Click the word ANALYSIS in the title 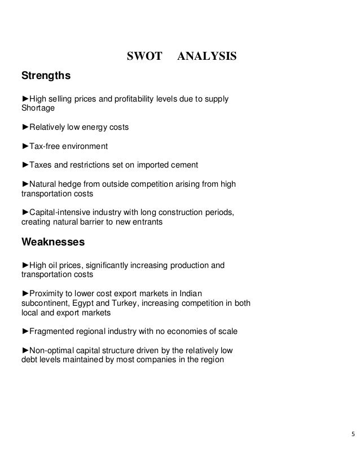pyautogui.click(x=207, y=58)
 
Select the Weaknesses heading pyautogui.click(x=53, y=243)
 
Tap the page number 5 pyautogui.click(x=353, y=434)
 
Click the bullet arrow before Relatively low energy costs pyautogui.click(x=25, y=128)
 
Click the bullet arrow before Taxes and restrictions pyautogui.click(x=25, y=165)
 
